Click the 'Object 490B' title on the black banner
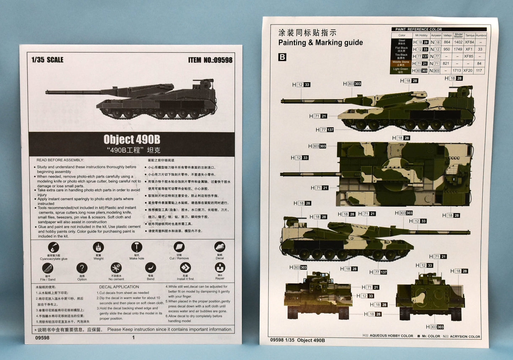(x=132, y=139)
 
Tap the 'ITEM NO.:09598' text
(x=210, y=60)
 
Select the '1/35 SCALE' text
(x=47, y=60)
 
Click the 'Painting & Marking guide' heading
(x=320, y=43)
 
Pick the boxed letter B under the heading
(x=282, y=57)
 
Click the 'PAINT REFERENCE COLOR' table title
(x=419, y=29)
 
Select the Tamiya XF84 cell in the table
(x=469, y=42)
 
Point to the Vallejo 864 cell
(x=447, y=42)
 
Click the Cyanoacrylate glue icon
(x=53, y=247)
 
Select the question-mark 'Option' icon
(x=82, y=268)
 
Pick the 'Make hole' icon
(x=136, y=247)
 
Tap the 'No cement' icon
(x=116, y=268)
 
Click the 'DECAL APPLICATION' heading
(x=119, y=287)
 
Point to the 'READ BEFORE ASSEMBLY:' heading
(x=60, y=160)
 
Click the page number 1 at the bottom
(x=133, y=338)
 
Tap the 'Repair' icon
(x=220, y=268)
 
